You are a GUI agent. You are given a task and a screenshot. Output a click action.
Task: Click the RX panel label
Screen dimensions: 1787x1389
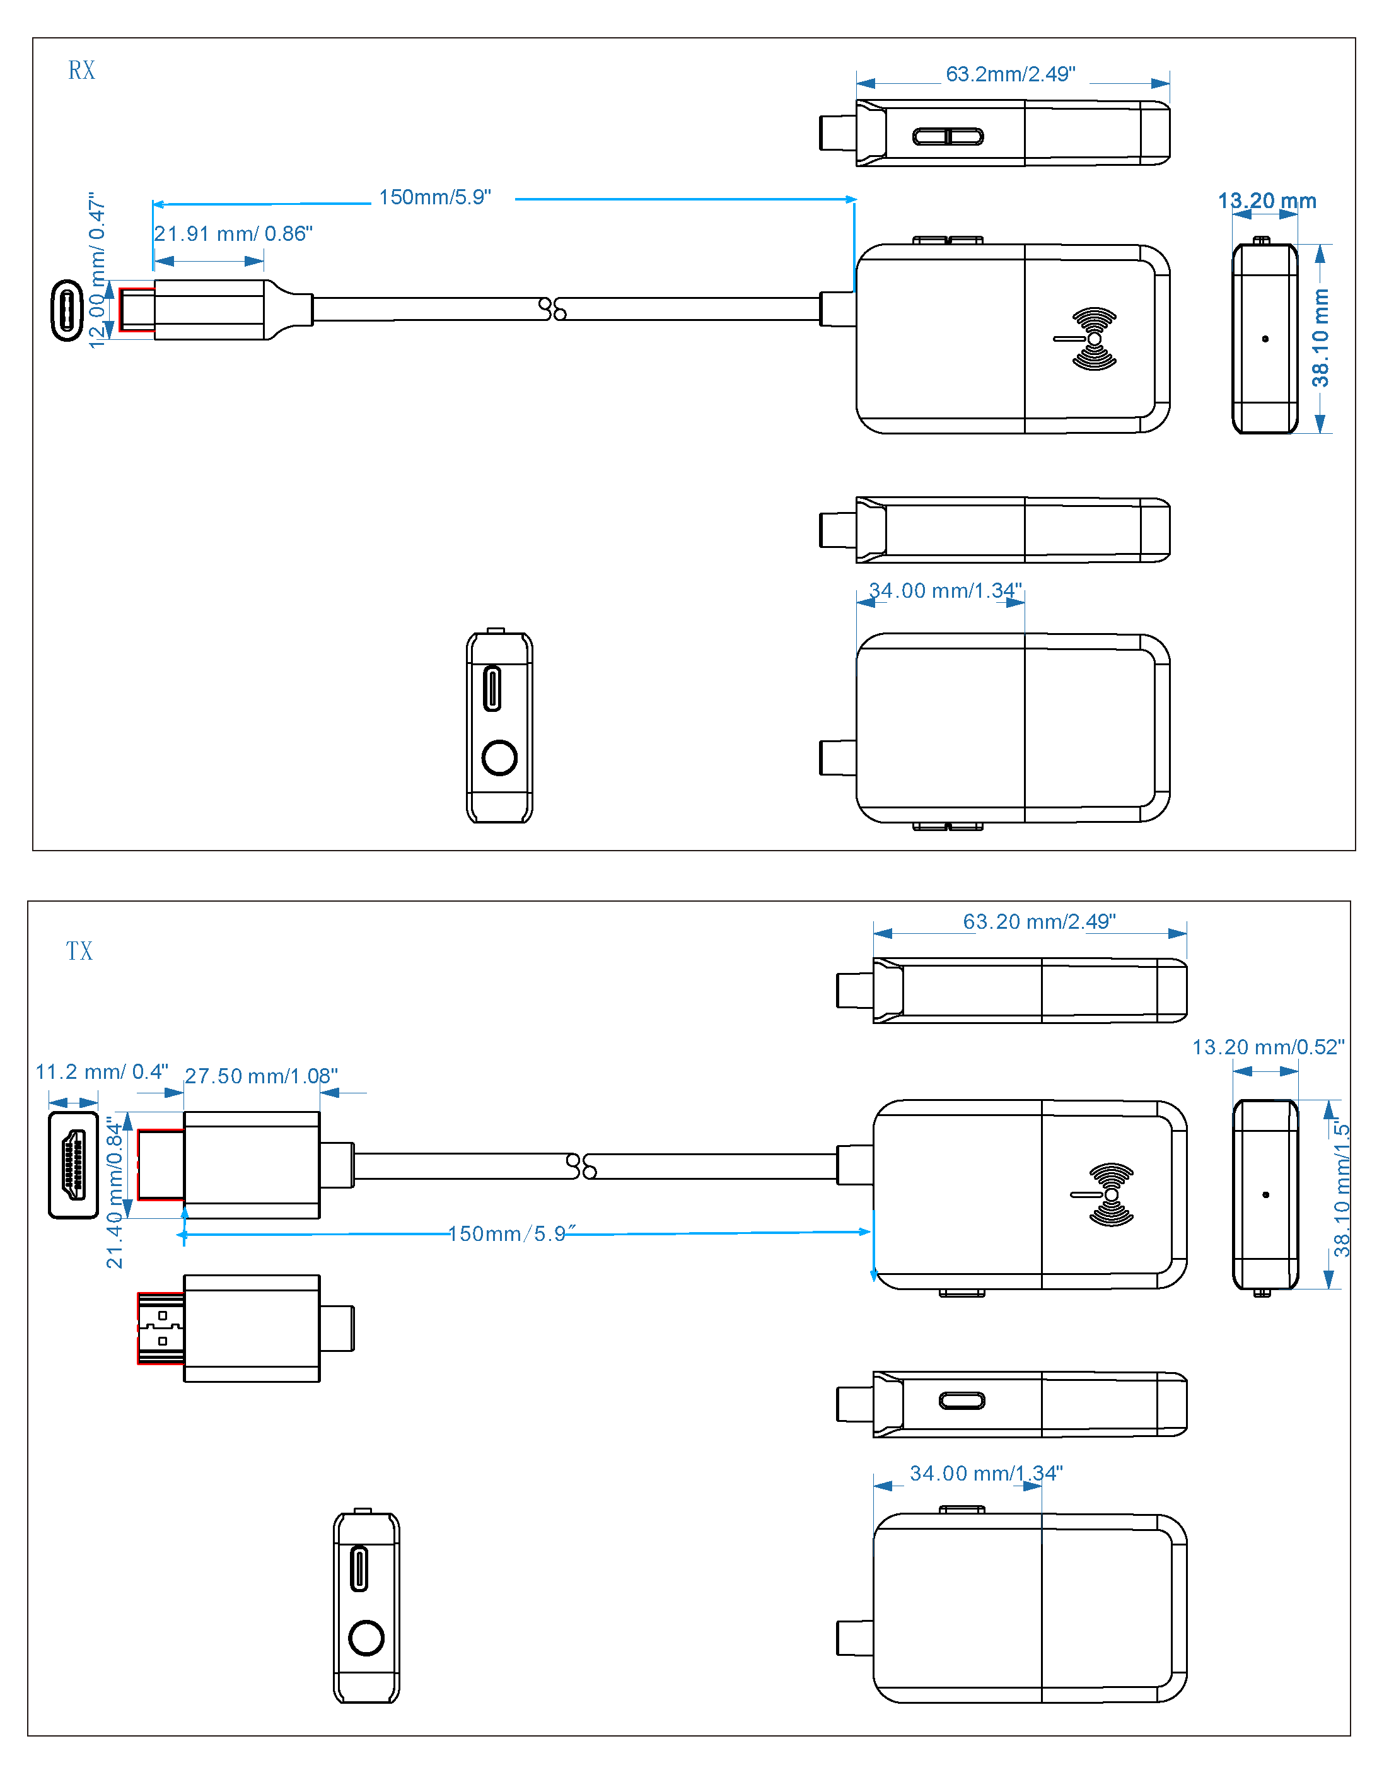81,71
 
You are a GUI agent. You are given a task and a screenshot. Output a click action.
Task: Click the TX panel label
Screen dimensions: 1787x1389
79,951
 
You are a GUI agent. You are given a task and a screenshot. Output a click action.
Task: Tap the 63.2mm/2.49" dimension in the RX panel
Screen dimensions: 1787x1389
1010,74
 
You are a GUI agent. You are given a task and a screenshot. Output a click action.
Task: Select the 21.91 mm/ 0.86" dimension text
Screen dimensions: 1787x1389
233,234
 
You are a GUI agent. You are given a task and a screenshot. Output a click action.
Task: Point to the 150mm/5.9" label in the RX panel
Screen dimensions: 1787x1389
434,197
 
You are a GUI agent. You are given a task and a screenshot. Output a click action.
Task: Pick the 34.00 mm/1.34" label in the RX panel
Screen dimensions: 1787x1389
945,591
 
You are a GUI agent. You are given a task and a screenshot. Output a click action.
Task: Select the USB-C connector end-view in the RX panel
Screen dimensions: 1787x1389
67,310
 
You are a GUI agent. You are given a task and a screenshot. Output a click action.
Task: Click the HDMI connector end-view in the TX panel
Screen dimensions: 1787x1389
74,1165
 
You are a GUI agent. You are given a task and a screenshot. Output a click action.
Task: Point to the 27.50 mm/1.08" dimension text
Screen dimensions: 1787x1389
261,1076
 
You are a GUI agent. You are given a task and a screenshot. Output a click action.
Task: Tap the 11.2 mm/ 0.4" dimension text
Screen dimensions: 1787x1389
102,1072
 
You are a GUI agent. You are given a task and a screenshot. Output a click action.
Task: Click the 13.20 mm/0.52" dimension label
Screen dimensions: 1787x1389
1268,1047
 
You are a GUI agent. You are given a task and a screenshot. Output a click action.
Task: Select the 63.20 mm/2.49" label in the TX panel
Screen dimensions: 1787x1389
1039,922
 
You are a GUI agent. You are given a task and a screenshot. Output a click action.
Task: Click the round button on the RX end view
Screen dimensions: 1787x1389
499,758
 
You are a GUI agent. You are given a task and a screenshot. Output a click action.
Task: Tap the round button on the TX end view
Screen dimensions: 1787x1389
366,1638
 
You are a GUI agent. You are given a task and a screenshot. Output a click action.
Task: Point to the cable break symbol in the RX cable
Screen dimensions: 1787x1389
554,309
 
